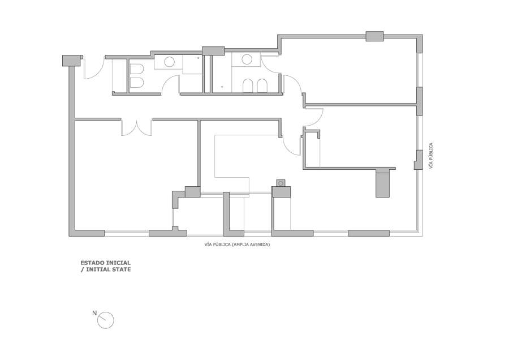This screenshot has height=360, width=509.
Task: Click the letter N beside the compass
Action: [x=94, y=313]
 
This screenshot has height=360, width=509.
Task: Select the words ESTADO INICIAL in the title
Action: [x=106, y=263]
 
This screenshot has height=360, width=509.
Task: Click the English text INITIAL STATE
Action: [x=109, y=269]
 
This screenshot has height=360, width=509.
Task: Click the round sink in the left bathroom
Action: [x=169, y=62]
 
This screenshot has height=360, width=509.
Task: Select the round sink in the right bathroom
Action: [x=247, y=59]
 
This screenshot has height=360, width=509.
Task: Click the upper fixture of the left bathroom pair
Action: [x=137, y=69]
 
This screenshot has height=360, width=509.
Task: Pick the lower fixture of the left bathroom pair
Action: [x=137, y=83]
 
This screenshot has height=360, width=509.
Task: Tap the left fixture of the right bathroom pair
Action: [x=248, y=86]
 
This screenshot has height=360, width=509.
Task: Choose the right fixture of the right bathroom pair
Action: [x=262, y=86]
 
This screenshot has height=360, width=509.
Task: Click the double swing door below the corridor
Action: [x=136, y=127]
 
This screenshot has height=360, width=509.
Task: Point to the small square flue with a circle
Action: [x=281, y=183]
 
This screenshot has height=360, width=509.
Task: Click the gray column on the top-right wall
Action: [x=374, y=36]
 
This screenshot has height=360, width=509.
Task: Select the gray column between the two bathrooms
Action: [x=213, y=51]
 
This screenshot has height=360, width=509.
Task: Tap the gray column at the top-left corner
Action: [x=71, y=61]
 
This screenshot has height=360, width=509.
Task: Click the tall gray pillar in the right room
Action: [x=382, y=185]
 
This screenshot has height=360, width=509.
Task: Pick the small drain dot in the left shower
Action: [x=199, y=58]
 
